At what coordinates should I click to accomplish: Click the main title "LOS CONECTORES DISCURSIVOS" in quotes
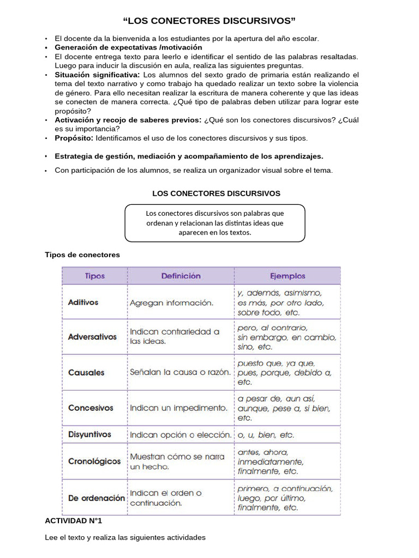[x=209, y=21]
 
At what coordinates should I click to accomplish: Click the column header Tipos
[x=95, y=276]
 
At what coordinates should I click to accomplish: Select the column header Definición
[x=181, y=276]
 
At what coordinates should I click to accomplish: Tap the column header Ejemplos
[x=288, y=276]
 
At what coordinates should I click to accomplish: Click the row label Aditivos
[x=83, y=302]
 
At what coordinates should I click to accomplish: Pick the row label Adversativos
[x=92, y=337]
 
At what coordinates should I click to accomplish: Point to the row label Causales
[x=86, y=373]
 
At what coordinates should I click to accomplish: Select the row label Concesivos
[x=91, y=408]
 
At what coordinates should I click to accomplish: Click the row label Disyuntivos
[x=89, y=434]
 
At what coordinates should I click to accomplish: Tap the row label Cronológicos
[x=94, y=461]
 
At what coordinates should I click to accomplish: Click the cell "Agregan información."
[x=172, y=302]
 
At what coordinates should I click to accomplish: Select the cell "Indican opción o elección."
[x=181, y=435]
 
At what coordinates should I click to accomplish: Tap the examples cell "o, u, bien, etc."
[x=266, y=435]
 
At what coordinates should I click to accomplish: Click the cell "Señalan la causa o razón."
[x=181, y=373]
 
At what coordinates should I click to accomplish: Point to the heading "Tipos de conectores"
[x=82, y=254]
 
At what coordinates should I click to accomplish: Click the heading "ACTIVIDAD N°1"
[x=73, y=521]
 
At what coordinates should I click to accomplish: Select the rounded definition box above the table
[x=215, y=223]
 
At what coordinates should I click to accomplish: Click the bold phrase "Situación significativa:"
[x=97, y=75]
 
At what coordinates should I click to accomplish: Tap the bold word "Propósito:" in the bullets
[x=74, y=138]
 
